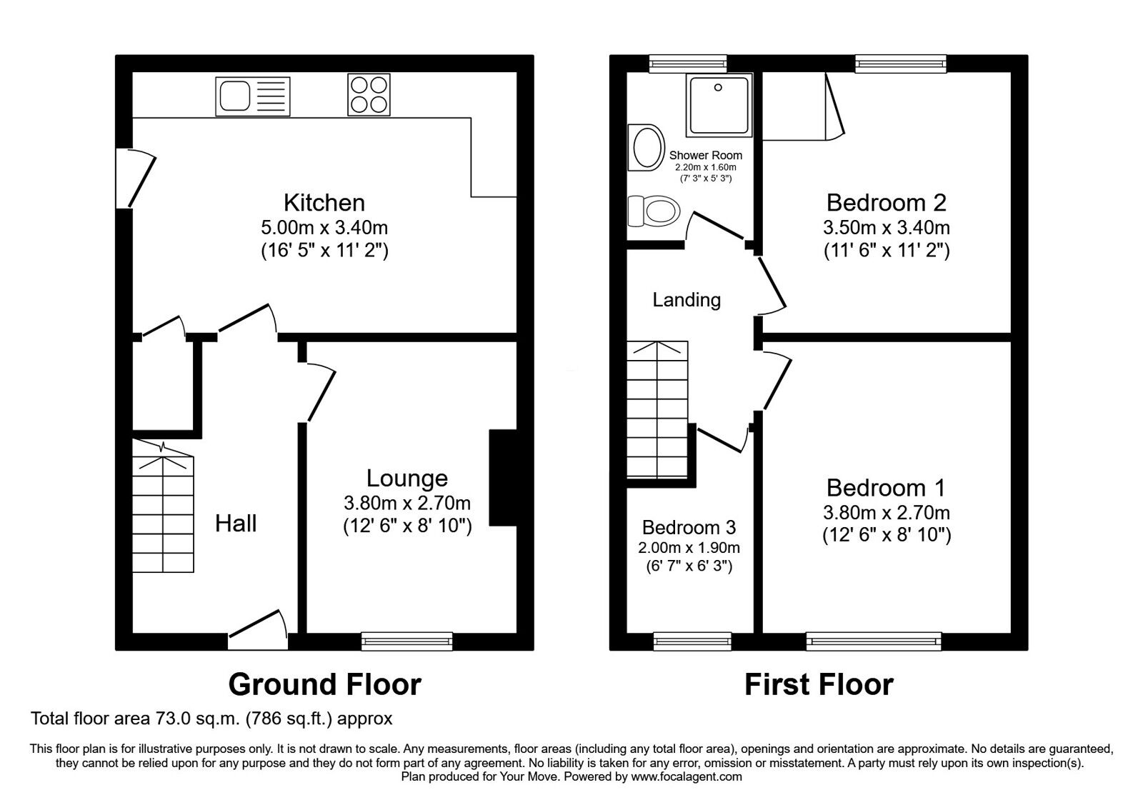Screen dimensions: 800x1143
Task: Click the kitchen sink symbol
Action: pyautogui.click(x=253, y=96)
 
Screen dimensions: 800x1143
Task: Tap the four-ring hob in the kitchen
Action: pyautogui.click(x=369, y=95)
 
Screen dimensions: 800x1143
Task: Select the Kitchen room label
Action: pyautogui.click(x=324, y=203)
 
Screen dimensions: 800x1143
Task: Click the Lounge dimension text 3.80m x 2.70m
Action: pyautogui.click(x=406, y=503)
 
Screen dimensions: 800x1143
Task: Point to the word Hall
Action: pyautogui.click(x=236, y=524)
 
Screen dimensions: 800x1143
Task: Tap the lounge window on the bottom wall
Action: pyautogui.click(x=406, y=641)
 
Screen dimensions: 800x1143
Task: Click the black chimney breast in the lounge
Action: pyautogui.click(x=503, y=478)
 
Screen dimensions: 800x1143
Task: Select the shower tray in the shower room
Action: pyautogui.click(x=719, y=104)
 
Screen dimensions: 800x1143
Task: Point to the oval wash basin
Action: pyautogui.click(x=646, y=148)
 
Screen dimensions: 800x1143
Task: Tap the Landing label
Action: pyautogui.click(x=687, y=300)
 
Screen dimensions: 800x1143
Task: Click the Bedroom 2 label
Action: pyautogui.click(x=886, y=203)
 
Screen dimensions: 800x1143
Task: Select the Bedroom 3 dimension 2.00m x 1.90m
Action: pyautogui.click(x=689, y=548)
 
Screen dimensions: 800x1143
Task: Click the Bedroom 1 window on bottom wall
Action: pyautogui.click(x=874, y=641)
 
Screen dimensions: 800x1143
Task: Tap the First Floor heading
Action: pyautogui.click(x=819, y=684)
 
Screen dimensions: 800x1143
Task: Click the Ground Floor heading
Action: pyautogui.click(x=324, y=684)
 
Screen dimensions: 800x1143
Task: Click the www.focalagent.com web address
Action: pyautogui.click(x=687, y=776)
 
